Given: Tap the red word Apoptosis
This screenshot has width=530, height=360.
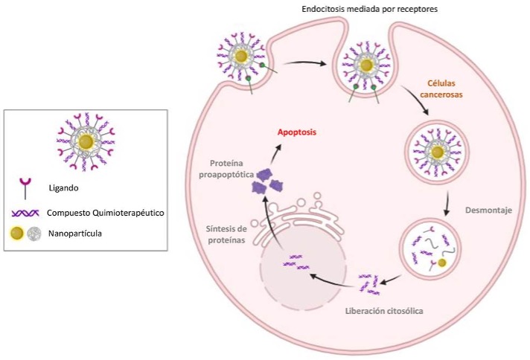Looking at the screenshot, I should (x=297, y=132).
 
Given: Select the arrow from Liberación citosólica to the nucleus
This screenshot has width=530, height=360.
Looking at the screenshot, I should (x=332, y=279).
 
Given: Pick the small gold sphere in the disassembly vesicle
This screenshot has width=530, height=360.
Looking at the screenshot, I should (x=442, y=263).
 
